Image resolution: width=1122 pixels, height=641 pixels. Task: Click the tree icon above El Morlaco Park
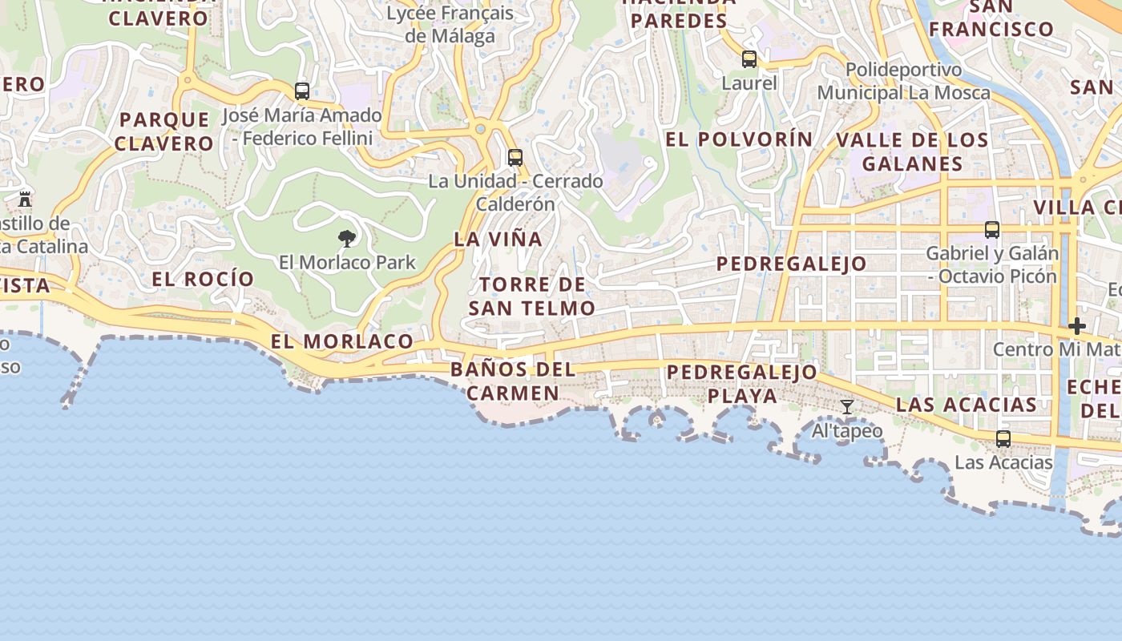coord(347,238)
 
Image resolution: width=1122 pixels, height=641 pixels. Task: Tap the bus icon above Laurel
coord(749,59)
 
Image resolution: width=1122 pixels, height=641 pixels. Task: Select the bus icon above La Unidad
coord(515,158)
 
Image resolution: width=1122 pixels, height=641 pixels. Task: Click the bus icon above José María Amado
coord(302,91)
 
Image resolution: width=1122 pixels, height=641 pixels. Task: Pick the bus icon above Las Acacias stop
coord(1003,439)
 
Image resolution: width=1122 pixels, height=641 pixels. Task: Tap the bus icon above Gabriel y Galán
coord(992,230)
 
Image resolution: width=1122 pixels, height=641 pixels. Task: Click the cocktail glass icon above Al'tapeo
coord(847,407)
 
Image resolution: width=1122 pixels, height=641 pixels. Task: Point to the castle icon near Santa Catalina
coord(25,199)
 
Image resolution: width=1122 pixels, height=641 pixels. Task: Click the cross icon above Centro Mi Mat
coord(1077,326)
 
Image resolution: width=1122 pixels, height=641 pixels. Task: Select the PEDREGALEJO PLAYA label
coord(742,384)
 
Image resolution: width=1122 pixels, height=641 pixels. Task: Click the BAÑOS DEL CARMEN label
coord(513,381)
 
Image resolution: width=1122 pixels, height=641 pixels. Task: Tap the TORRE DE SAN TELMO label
coord(532,296)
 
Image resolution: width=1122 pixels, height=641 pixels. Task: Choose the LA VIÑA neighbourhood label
coord(498,239)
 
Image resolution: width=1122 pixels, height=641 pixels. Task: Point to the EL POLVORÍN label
coord(739,139)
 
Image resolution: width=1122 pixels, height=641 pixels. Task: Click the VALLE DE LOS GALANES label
coord(912,151)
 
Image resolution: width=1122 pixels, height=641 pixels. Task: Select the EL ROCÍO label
coord(203,279)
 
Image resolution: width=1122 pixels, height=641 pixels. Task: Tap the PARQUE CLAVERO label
coord(164,131)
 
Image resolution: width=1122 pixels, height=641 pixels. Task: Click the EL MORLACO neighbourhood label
coord(341,341)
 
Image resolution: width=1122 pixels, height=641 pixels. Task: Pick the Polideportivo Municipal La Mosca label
coord(903,81)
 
